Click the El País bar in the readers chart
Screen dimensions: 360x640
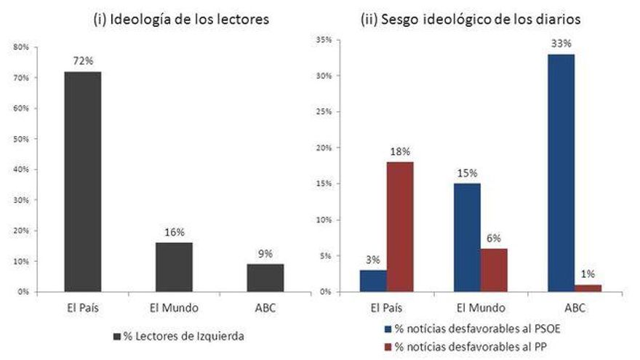[x=82, y=182]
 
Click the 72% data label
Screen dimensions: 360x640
[x=82, y=62]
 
